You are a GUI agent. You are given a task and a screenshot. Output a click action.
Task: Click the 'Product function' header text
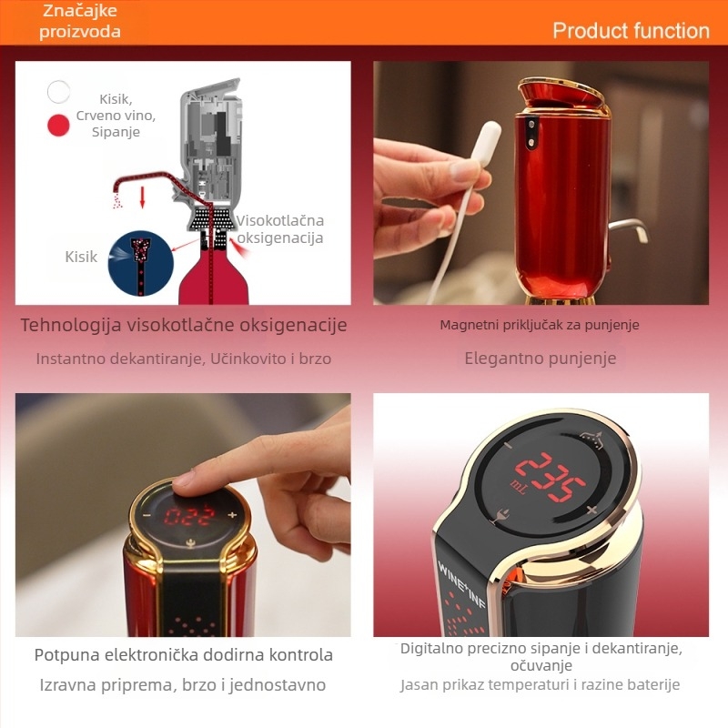631,31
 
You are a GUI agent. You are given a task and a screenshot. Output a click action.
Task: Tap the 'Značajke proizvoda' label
80,21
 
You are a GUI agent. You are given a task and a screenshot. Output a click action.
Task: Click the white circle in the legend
59,92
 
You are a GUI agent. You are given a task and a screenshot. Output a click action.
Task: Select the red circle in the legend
59,125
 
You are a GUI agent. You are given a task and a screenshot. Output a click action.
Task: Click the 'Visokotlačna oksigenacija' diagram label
280,229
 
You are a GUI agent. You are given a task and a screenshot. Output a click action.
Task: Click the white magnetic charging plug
487,146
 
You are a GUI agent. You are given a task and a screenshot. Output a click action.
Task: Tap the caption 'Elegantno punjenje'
541,358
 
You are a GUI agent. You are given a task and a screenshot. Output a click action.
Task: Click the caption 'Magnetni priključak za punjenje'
541,325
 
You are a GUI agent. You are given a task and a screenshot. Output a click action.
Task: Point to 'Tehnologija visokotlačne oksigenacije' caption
184,325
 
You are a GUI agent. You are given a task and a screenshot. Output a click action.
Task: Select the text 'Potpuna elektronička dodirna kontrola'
184,654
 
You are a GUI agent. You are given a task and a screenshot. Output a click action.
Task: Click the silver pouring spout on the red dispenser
629,229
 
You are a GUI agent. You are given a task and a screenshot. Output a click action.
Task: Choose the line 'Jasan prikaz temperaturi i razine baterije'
541,684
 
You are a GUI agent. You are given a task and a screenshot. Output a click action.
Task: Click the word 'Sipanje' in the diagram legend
116,132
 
